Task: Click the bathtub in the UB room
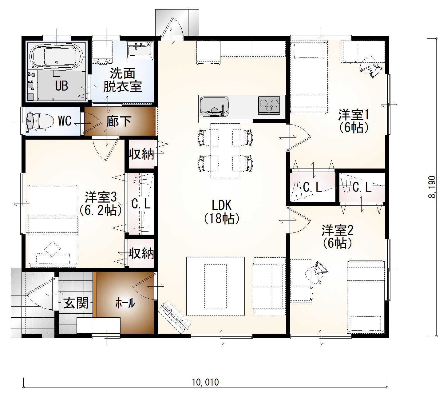[x=57, y=56]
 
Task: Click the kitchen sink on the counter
[x=215, y=106]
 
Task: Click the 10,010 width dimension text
[x=205, y=382]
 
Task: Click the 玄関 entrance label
[x=76, y=303]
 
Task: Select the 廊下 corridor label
[x=119, y=121]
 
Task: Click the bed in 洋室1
[x=309, y=78]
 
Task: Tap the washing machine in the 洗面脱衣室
[x=102, y=53]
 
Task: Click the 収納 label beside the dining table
[x=141, y=154]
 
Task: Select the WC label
[x=65, y=121]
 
